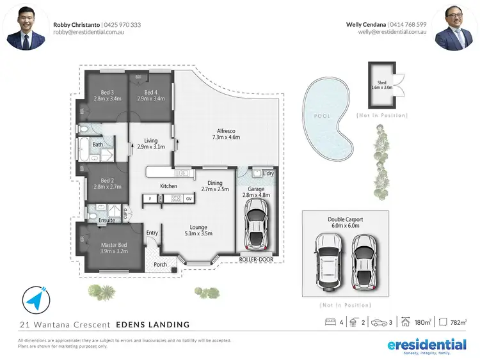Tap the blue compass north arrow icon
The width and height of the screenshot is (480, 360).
pyautogui.click(x=35, y=299)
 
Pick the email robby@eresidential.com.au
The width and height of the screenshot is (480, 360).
pyautogui.click(x=88, y=32)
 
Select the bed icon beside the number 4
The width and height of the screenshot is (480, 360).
pyautogui.click(x=331, y=323)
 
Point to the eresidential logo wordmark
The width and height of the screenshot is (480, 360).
pyautogui.click(x=427, y=344)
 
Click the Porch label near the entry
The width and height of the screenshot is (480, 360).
pyautogui.click(x=160, y=264)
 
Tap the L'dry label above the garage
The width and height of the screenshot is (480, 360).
pyautogui.click(x=268, y=173)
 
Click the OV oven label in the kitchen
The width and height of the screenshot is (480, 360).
pyautogui.click(x=189, y=199)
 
